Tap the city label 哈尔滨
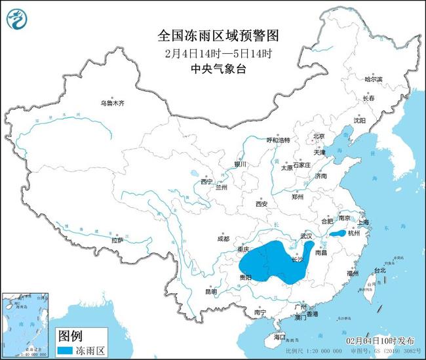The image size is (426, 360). pos(374,79)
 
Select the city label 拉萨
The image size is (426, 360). pos(118,241)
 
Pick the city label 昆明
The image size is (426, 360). pos(210,291)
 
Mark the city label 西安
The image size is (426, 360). pos(261,204)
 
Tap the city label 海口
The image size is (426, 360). pos(281,337)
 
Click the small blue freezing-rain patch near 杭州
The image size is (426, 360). pos(337,233)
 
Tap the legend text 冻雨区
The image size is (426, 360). pos(93,351)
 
